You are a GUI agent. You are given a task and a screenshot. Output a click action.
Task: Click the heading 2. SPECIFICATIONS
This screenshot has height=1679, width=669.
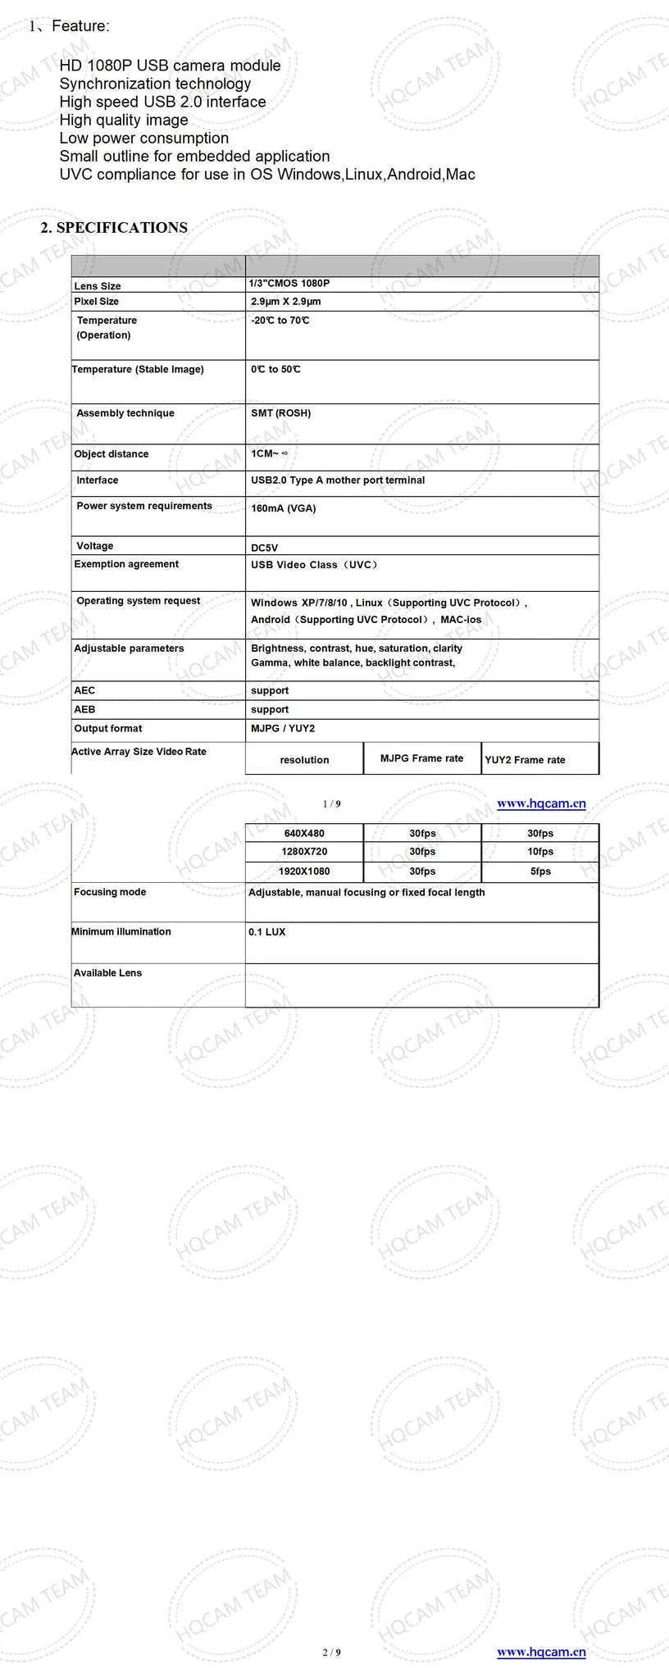114,228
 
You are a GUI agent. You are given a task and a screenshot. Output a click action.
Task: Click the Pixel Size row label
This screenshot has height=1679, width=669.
96,302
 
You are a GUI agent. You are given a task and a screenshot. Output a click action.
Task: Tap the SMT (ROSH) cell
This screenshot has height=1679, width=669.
280,413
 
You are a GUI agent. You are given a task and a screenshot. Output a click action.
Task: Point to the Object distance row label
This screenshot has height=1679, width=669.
111,454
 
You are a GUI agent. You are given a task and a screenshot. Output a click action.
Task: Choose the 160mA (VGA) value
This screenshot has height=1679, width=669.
283,508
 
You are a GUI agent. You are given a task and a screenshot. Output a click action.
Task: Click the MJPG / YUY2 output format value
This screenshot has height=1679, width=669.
283,728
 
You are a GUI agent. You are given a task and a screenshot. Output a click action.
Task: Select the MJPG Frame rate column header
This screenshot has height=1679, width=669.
421,758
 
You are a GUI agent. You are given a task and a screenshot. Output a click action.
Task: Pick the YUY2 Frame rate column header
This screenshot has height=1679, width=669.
525,760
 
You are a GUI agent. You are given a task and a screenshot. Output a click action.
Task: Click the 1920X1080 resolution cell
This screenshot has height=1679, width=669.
304,871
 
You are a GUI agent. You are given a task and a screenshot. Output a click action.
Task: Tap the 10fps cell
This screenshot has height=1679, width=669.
540,852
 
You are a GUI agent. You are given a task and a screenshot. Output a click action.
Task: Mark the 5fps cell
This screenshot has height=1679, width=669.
540,871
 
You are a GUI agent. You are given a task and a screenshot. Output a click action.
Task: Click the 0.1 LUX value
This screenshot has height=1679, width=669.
267,932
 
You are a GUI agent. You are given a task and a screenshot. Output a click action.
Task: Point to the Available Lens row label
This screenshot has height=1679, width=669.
107,973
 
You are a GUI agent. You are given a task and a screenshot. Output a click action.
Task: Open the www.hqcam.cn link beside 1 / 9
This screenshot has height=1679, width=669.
541,803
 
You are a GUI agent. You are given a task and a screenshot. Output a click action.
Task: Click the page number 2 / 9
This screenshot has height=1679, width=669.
331,1652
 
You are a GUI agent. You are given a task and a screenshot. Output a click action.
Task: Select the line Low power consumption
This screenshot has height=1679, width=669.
143,138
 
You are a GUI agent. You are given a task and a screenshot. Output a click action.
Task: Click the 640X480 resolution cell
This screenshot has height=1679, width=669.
304,834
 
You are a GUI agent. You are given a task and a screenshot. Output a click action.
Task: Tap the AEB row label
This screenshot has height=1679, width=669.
84,709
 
